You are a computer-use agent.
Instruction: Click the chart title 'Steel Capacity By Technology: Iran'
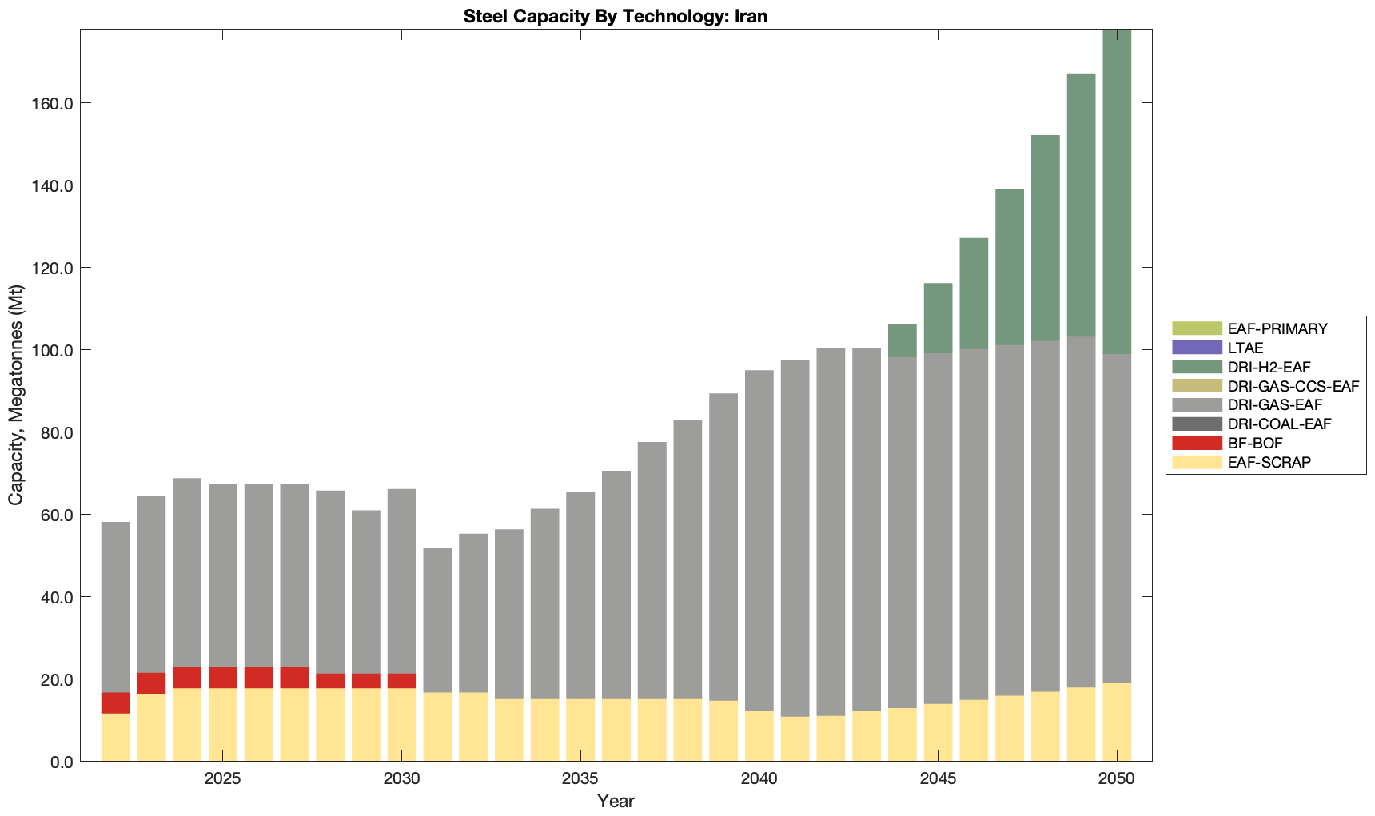pyautogui.click(x=615, y=16)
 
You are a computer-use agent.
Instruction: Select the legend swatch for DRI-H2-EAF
pyautogui.click(x=1197, y=367)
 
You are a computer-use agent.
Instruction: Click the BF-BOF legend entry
pyautogui.click(x=1255, y=444)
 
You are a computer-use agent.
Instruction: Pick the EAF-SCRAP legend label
pyautogui.click(x=1269, y=463)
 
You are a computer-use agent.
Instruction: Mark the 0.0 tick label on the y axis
pyautogui.click(x=61, y=762)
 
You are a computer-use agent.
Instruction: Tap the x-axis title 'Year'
pyautogui.click(x=615, y=801)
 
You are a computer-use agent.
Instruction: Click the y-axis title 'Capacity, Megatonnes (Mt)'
pyautogui.click(x=16, y=396)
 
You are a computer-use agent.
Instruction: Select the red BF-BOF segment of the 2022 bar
pyautogui.click(x=116, y=703)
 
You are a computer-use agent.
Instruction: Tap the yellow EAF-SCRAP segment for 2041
pyautogui.click(x=795, y=739)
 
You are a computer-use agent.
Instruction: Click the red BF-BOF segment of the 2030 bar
pyautogui.click(x=401, y=681)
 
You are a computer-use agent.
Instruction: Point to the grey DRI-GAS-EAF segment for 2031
pyautogui.click(x=437, y=620)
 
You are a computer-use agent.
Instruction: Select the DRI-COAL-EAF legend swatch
pyautogui.click(x=1197, y=424)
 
